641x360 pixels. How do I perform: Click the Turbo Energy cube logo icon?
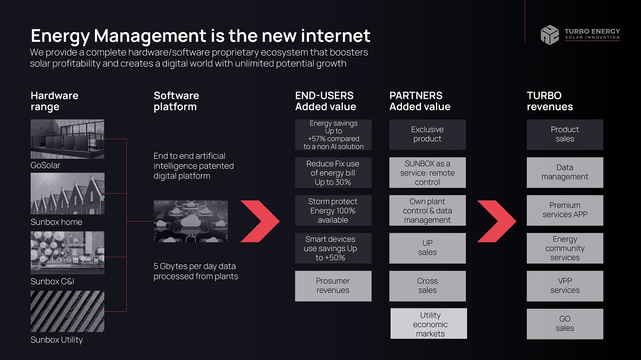[550, 35]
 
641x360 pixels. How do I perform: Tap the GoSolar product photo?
[68, 139]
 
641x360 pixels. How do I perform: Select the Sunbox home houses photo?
[68, 193]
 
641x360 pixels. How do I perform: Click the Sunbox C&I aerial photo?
[68, 252]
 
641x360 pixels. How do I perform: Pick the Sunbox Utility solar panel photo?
[68, 311]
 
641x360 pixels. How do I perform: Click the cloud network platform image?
[191, 221]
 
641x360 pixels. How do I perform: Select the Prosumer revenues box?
[333, 286]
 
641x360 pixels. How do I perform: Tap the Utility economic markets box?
[429, 324]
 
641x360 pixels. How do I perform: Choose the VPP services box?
[565, 286]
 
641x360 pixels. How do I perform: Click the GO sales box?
[565, 324]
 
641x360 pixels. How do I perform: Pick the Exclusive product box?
[427, 135]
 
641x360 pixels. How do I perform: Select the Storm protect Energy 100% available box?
[333, 211]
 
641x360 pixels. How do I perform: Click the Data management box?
[565, 173]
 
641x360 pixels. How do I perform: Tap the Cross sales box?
[427, 286]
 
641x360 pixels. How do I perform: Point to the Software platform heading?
[176, 101]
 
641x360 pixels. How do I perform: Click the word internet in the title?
[335, 36]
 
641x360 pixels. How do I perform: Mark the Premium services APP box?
[565, 211]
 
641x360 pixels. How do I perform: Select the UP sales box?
[427, 248]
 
